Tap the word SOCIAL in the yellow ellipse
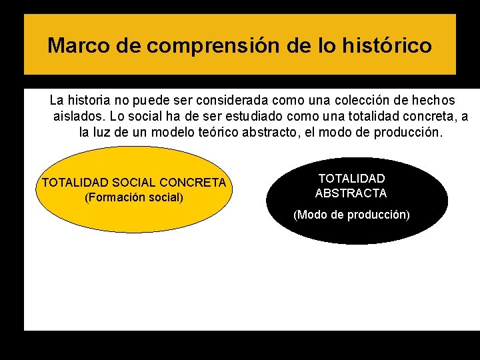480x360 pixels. coord(135,183)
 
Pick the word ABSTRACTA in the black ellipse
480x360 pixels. coord(351,193)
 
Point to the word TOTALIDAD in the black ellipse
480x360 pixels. coord(351,179)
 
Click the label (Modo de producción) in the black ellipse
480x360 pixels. coord(351,215)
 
